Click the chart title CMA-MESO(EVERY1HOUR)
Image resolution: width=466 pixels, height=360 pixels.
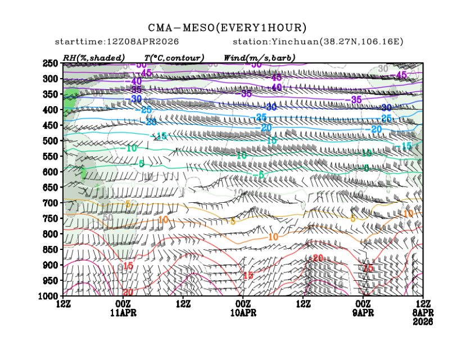click(227, 28)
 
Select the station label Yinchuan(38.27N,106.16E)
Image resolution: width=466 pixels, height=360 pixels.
click(318, 42)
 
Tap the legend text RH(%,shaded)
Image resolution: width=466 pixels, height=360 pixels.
click(93, 58)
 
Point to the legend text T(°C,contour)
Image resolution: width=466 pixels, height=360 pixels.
click(174, 58)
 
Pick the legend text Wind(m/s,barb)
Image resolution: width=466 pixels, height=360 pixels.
click(259, 58)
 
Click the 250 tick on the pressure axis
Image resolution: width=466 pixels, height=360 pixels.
click(51, 63)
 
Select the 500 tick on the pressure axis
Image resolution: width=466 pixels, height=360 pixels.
click(51, 141)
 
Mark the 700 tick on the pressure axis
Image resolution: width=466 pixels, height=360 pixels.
click(51, 203)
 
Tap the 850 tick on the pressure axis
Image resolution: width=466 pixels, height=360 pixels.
click(51, 249)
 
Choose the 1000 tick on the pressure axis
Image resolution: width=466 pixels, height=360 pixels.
click(49, 295)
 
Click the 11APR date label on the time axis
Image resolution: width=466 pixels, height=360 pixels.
click(124, 312)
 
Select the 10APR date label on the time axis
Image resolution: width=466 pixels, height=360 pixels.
click(243, 312)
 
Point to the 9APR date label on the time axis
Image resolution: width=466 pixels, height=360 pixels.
click(363, 312)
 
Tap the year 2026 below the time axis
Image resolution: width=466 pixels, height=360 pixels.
click(422, 321)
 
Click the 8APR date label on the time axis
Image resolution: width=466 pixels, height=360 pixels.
click(422, 312)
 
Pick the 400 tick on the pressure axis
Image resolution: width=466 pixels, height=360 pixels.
click(51, 110)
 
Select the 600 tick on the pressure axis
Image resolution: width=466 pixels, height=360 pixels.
click(51, 172)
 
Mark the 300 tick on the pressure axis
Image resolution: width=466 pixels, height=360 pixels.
click(51, 79)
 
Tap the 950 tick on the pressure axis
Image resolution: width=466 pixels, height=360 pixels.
click(51, 280)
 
